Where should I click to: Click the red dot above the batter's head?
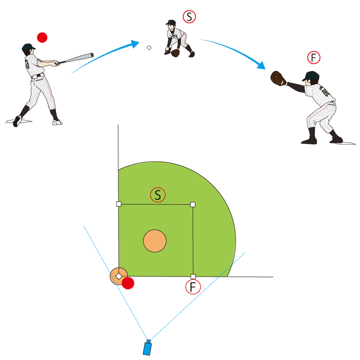click(42, 37)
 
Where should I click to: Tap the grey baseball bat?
click(76, 58)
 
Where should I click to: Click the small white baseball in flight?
click(149, 48)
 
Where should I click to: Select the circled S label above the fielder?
click(189, 17)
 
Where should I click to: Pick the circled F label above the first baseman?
click(314, 58)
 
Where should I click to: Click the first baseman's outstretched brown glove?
click(279, 78)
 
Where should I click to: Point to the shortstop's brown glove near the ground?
click(175, 53)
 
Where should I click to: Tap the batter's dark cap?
click(28, 47)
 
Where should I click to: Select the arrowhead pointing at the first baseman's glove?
click(261, 65)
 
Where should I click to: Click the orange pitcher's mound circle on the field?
click(155, 241)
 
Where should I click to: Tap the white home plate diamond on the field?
click(119, 276)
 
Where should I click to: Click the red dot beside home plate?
click(128, 283)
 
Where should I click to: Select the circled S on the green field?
click(158, 195)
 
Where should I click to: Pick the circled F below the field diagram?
click(193, 287)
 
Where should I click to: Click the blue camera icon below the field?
click(147, 347)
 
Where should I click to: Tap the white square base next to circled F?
click(193, 276)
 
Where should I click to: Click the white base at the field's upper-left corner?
click(119, 204)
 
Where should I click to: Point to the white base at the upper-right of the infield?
click(193, 204)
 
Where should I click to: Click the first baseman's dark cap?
click(311, 76)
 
